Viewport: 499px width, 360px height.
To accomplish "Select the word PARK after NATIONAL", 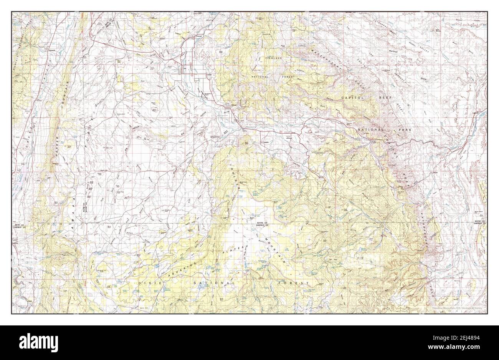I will tap(404, 130).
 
